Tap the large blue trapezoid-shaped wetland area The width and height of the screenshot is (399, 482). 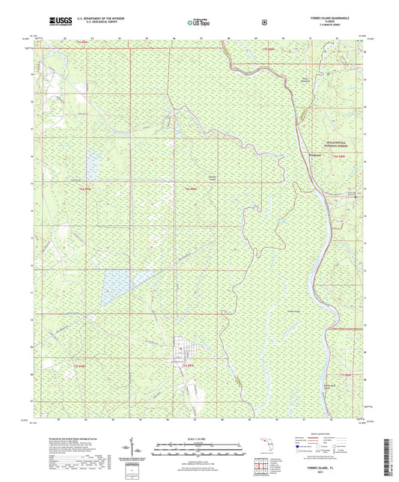click(118, 285)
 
